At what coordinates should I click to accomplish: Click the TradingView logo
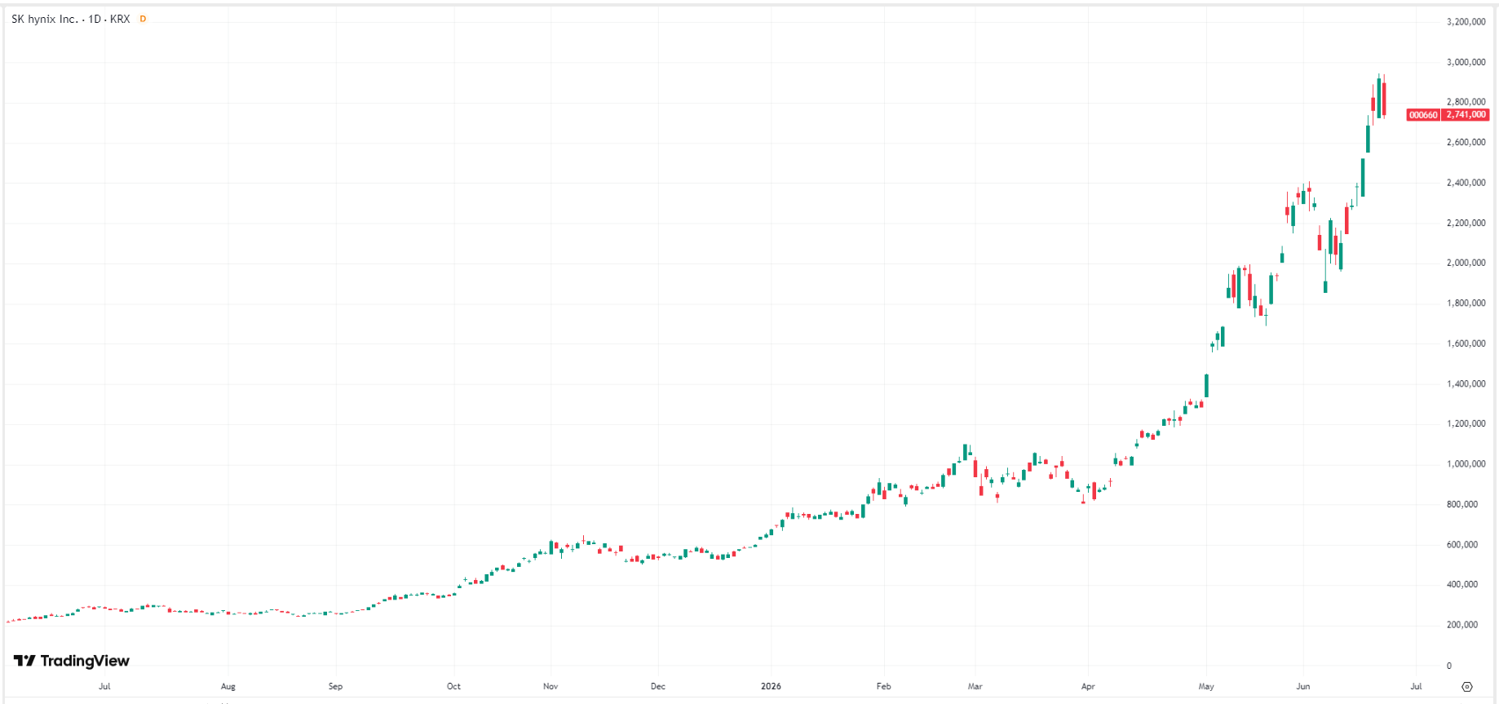coord(72,661)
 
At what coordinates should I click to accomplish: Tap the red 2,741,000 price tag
coord(1466,115)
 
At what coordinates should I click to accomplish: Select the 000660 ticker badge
coord(1423,115)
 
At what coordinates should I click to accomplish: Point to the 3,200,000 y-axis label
coord(1466,22)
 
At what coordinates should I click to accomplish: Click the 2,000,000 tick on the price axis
coord(1466,263)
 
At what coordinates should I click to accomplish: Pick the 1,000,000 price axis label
coord(1466,464)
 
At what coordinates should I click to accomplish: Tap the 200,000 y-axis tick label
coord(1461,625)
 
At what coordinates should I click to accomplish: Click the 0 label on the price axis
coord(1449,666)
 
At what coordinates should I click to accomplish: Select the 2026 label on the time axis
coord(771,686)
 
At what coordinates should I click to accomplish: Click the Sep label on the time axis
coord(335,686)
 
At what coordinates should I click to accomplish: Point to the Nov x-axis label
coord(551,686)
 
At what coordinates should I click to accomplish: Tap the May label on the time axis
coord(1206,686)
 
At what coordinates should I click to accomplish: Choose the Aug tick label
coord(228,686)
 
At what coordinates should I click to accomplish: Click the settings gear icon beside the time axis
coord(1467,686)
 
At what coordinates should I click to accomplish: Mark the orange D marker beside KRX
coord(143,19)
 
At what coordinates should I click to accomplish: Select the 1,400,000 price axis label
coord(1466,383)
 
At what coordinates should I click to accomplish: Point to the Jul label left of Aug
coord(104,686)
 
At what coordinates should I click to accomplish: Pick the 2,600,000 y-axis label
coord(1466,142)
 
